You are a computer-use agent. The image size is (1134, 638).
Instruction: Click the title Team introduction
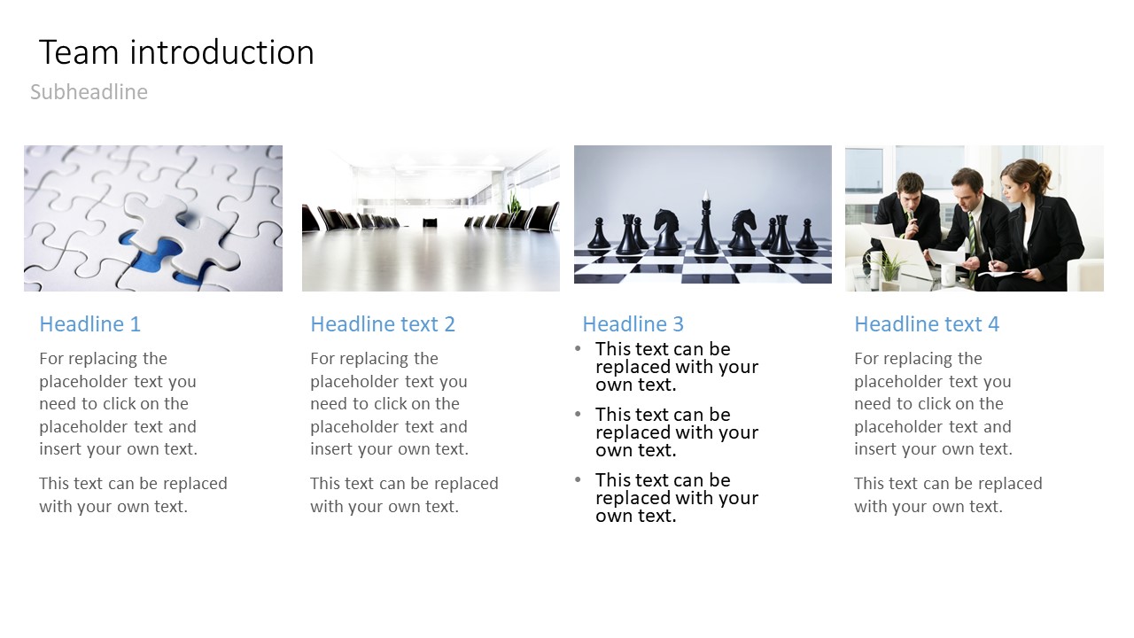tap(176, 52)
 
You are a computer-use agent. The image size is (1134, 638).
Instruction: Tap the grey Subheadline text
tap(89, 91)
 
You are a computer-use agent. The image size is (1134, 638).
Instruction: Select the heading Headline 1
tap(90, 324)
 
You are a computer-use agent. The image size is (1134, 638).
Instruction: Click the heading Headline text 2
tap(383, 324)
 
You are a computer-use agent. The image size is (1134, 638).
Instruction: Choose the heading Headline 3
tap(633, 324)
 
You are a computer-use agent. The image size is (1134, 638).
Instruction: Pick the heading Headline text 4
tap(927, 324)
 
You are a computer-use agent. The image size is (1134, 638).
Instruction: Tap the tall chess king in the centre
tap(706, 222)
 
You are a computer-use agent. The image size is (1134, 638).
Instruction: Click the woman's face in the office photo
tap(1014, 186)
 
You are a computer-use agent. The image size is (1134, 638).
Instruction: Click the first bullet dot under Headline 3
tap(578, 348)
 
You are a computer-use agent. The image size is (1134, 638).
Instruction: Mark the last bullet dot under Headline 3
tap(578, 479)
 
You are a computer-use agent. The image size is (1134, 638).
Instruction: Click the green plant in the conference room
tap(514, 203)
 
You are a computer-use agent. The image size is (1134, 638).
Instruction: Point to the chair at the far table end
tap(430, 222)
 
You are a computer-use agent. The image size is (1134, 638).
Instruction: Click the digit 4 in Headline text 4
tap(993, 324)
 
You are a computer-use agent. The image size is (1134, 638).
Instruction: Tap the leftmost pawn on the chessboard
tap(599, 233)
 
